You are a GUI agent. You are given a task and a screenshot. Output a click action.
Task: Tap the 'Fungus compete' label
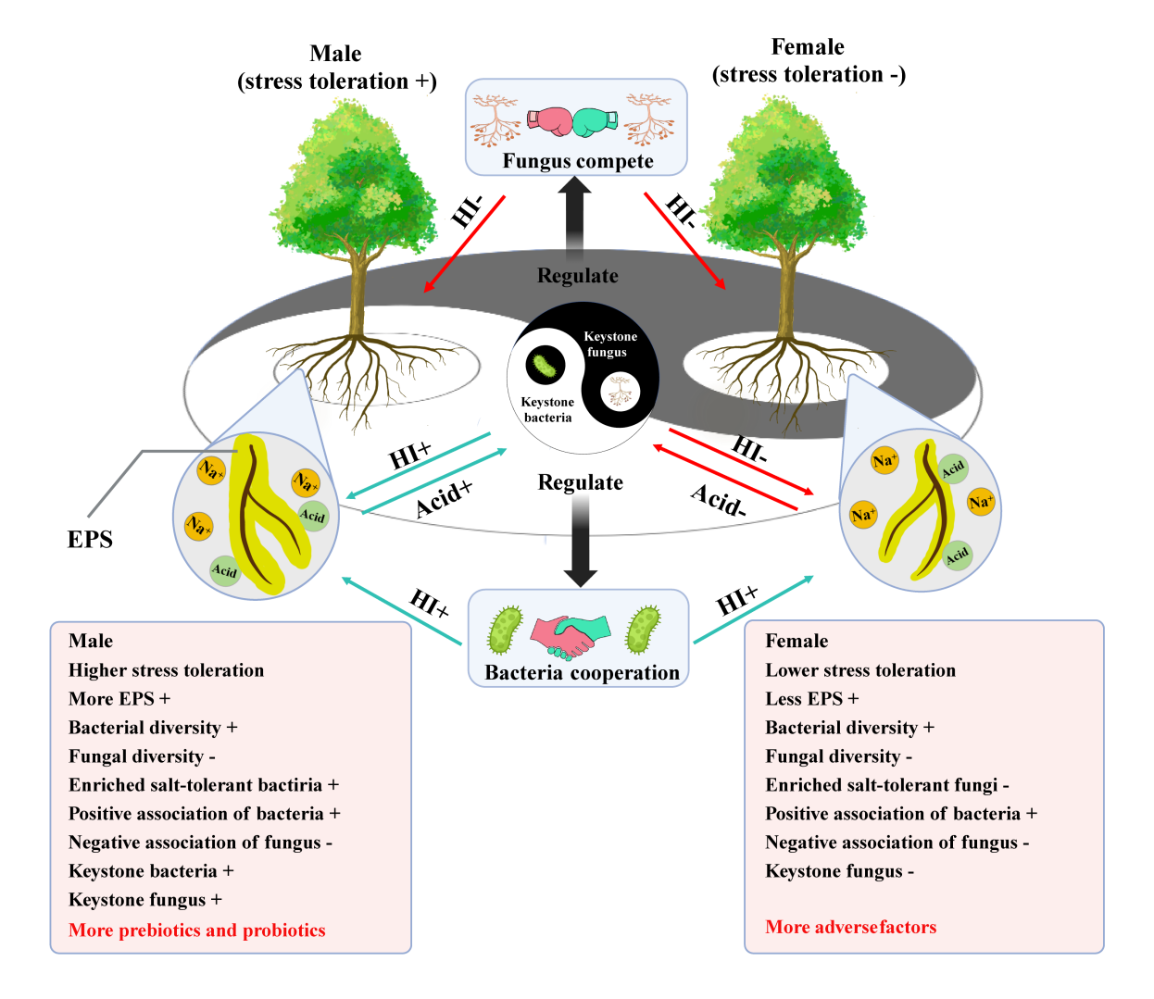pyautogui.click(x=578, y=161)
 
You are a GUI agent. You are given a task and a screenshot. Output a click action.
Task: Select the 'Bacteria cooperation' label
pyautogui.click(x=582, y=673)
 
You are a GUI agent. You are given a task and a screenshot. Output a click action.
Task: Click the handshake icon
pyautogui.click(x=570, y=635)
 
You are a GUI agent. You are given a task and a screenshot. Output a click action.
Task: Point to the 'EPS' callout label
pyautogui.click(x=90, y=540)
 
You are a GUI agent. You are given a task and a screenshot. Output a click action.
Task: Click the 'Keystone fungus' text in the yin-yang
pyautogui.click(x=609, y=344)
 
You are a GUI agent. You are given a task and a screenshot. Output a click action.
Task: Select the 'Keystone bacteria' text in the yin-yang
pyautogui.click(x=547, y=410)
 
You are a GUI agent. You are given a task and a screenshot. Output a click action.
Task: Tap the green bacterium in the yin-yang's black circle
pyautogui.click(x=546, y=365)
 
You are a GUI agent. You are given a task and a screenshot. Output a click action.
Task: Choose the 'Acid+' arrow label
pyautogui.click(x=444, y=498)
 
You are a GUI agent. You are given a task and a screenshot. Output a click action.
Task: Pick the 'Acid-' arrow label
pyautogui.click(x=718, y=500)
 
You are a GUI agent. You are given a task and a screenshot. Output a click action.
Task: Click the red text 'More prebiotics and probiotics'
pyautogui.click(x=197, y=930)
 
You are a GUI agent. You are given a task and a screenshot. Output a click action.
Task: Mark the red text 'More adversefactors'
pyautogui.click(x=850, y=927)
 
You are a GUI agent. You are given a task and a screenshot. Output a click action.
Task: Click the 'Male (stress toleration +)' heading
pyautogui.click(x=336, y=68)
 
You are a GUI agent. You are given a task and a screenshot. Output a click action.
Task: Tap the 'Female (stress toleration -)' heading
pyautogui.click(x=809, y=61)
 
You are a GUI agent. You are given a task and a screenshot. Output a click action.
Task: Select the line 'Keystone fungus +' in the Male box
pyautogui.click(x=145, y=900)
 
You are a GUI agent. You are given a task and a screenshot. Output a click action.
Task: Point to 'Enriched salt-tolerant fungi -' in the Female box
pyautogui.click(x=886, y=785)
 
